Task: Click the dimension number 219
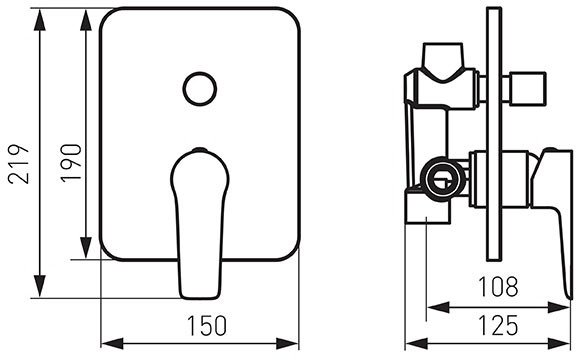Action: click(18, 164)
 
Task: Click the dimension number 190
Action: click(71, 163)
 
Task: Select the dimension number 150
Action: click(207, 325)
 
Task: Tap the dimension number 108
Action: click(498, 286)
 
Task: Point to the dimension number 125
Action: click(498, 325)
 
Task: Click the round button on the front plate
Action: click(200, 89)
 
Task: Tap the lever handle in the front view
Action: click(200, 223)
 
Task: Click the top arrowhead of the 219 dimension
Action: click(40, 20)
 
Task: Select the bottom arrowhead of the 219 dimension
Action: click(40, 286)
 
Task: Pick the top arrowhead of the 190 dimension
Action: click(86, 20)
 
